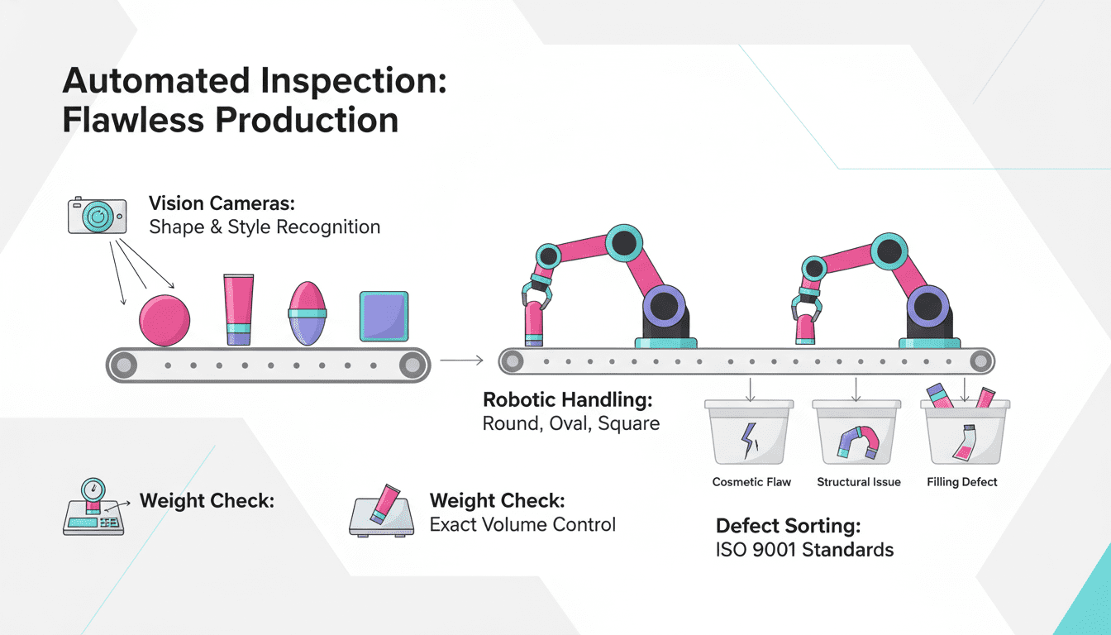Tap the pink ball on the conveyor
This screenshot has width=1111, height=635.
(x=165, y=320)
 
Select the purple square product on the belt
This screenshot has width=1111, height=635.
(x=384, y=317)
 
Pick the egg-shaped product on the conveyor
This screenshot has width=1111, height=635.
(x=308, y=314)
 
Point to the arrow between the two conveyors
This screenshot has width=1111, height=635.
(x=461, y=360)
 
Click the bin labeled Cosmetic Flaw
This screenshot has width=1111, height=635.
(x=749, y=435)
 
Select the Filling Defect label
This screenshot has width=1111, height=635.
(x=962, y=482)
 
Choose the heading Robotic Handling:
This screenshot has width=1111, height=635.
(x=568, y=400)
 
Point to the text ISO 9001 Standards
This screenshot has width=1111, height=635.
(x=804, y=549)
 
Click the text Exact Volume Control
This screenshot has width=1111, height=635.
(x=522, y=524)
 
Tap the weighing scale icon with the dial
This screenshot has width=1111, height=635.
(x=93, y=506)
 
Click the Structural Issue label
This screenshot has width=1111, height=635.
(x=858, y=482)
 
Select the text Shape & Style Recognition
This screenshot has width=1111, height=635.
(x=265, y=227)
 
